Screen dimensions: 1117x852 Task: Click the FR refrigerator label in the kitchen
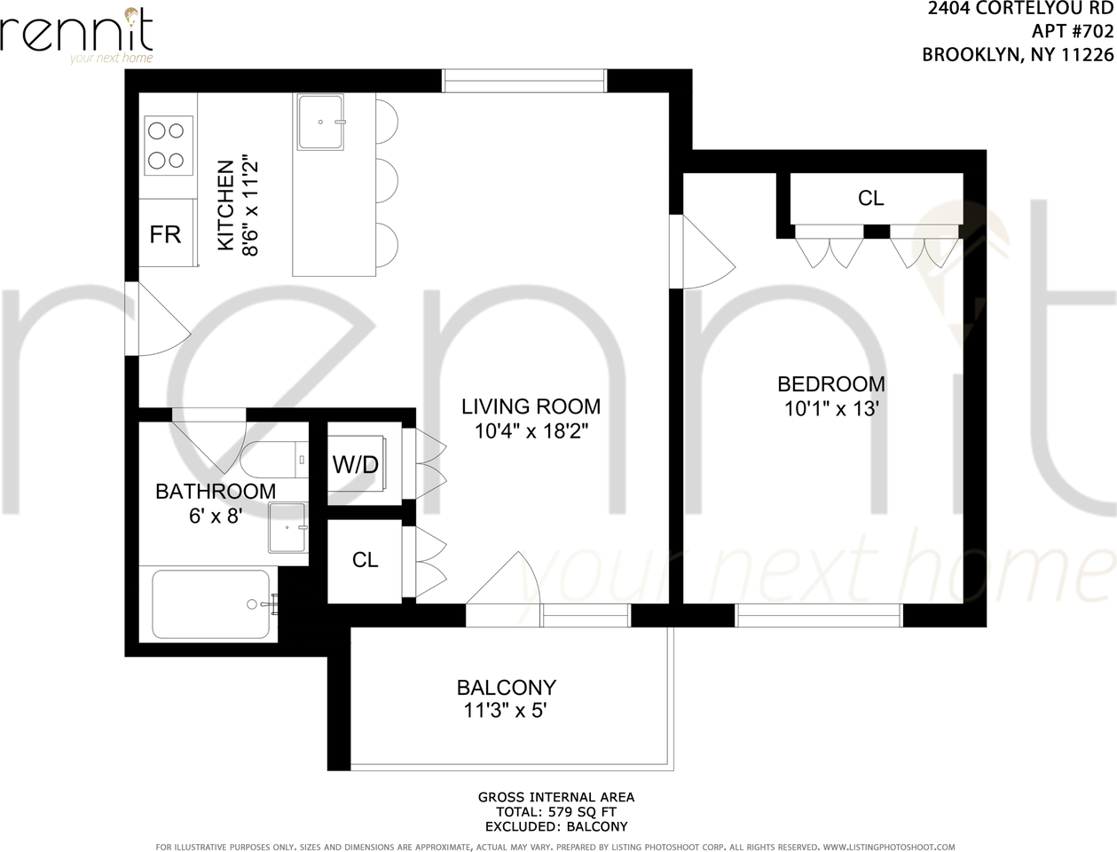click(165, 234)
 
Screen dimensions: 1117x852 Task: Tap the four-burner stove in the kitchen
click(169, 146)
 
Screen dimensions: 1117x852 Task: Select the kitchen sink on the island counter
click(320, 122)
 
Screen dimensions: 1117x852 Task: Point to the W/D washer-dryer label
click(356, 465)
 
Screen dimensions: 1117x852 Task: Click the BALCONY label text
click(507, 687)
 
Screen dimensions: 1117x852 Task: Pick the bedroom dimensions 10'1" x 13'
click(831, 409)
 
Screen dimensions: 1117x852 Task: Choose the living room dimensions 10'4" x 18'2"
click(531, 431)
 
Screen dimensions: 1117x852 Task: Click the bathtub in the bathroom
click(211, 604)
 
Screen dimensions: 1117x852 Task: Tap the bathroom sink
click(288, 527)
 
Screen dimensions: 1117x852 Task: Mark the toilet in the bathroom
click(275, 460)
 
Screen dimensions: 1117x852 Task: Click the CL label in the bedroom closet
click(870, 198)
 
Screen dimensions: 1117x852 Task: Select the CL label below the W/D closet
click(365, 560)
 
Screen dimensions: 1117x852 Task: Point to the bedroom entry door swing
click(703, 252)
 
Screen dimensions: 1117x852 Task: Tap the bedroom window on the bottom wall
click(819, 615)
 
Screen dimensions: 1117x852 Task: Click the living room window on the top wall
click(524, 81)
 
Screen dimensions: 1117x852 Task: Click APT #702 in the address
click(1073, 32)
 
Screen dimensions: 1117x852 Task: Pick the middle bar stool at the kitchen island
click(387, 181)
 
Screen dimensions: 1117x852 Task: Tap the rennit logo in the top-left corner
click(76, 35)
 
